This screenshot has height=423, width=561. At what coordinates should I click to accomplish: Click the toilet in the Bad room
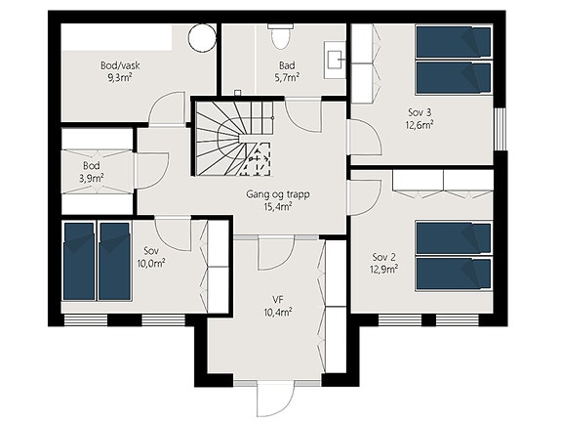[281, 36]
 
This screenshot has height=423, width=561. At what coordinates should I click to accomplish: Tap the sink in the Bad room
[336, 60]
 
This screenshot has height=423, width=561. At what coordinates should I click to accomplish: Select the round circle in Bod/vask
[202, 37]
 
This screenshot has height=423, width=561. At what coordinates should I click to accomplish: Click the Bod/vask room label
[120, 65]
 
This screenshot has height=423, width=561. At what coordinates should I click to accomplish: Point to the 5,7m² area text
[287, 77]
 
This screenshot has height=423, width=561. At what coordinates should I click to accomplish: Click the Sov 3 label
[420, 112]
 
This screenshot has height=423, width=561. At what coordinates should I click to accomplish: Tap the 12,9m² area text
[384, 269]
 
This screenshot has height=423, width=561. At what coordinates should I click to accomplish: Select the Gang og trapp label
[278, 194]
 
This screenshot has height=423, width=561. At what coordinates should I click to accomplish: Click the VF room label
[278, 300]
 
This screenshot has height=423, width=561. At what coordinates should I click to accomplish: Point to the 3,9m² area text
[92, 178]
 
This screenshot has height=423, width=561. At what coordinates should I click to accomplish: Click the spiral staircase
[234, 139]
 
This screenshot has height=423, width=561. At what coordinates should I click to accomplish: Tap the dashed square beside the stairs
[256, 158]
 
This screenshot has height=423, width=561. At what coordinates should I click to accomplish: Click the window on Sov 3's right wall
[501, 129]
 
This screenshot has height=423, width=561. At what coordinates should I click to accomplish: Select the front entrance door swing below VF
[275, 400]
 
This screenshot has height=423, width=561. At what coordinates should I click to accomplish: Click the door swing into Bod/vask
[167, 108]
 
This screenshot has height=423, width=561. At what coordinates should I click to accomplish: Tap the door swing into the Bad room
[303, 115]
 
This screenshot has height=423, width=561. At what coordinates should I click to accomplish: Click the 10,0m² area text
[150, 264]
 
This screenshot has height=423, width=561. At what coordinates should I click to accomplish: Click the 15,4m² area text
[278, 206]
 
